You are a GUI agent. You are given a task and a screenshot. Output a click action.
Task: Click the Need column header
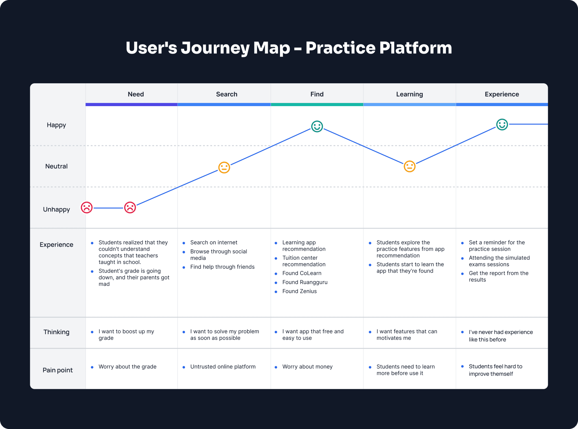pyautogui.click(x=136, y=94)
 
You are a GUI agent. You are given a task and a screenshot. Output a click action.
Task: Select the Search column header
pyautogui.click(x=227, y=94)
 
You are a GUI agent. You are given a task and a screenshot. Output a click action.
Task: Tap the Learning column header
pyautogui.click(x=409, y=94)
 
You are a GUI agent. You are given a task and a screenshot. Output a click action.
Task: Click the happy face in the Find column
pyautogui.click(x=317, y=126)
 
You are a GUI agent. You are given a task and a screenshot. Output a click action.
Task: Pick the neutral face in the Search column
pyautogui.click(x=224, y=167)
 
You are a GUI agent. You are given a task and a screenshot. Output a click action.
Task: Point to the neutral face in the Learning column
pyautogui.click(x=410, y=166)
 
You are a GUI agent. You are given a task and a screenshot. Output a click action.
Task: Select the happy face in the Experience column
pyautogui.click(x=502, y=124)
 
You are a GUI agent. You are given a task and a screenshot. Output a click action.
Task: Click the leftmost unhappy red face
pyautogui.click(x=87, y=208)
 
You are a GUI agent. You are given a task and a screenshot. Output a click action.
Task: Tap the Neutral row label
pyautogui.click(x=56, y=166)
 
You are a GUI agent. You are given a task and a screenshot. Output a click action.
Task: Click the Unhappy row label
pyautogui.click(x=56, y=209)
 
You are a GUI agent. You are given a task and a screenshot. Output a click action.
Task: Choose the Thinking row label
pyautogui.click(x=56, y=332)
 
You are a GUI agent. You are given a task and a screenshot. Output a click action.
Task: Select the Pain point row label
pyautogui.click(x=58, y=370)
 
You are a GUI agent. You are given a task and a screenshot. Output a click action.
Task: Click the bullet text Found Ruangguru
pyautogui.click(x=305, y=282)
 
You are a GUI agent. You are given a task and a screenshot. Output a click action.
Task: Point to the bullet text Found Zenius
pyautogui.click(x=299, y=291)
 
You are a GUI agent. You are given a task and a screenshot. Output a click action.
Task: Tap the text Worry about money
pyautogui.click(x=307, y=367)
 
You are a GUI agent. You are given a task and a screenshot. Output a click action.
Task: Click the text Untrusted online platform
pyautogui.click(x=223, y=367)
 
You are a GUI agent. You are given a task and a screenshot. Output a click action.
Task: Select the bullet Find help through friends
pyautogui.click(x=222, y=267)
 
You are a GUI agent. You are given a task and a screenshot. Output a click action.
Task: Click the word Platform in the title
pyautogui.click(x=415, y=48)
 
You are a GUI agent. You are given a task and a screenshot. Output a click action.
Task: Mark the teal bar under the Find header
pyautogui.click(x=317, y=105)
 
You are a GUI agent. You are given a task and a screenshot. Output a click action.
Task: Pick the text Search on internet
pyautogui.click(x=214, y=242)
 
